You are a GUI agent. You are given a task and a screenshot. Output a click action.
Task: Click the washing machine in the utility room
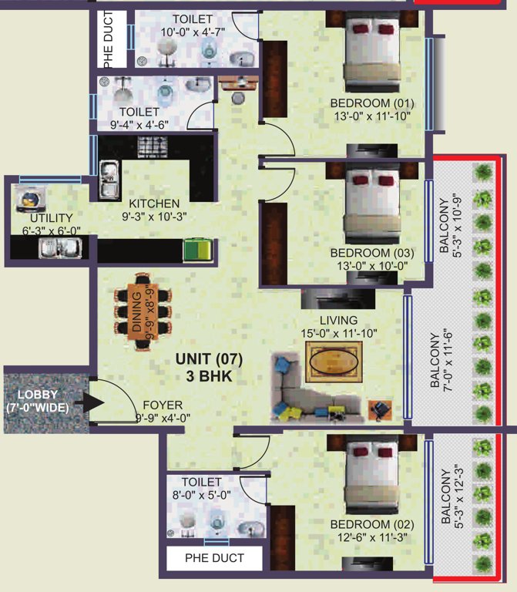click(x=29, y=200)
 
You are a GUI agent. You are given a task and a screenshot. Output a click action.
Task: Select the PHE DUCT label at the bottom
click(x=214, y=557)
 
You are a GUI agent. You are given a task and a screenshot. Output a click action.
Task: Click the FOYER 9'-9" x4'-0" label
click(x=163, y=410)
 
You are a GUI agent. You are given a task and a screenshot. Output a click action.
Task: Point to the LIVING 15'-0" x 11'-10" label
click(x=339, y=326)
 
